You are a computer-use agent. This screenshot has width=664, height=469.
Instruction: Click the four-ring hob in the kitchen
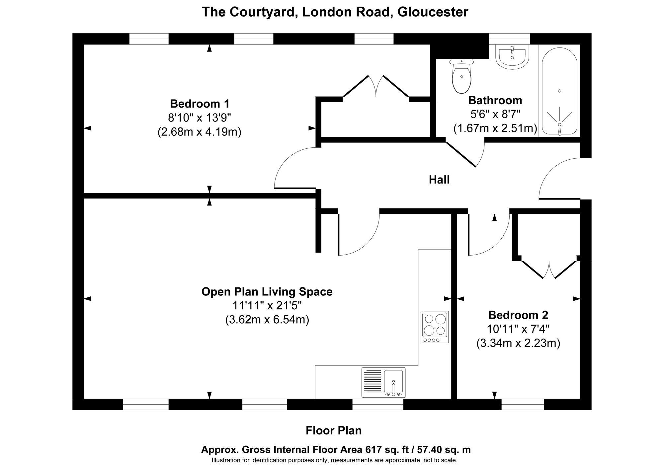[435, 327]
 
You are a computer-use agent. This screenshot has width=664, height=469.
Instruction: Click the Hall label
[439, 180]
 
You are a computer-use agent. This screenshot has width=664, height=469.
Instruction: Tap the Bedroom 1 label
[200, 104]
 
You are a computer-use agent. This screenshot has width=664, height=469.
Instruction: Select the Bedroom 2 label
[518, 314]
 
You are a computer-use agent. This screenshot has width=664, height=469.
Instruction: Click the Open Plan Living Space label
[267, 291]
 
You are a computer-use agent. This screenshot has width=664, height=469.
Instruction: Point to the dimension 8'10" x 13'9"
[199, 118]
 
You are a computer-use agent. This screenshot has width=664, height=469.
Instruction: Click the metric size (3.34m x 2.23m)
[518, 343]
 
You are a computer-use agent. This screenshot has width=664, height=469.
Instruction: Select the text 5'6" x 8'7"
[495, 114]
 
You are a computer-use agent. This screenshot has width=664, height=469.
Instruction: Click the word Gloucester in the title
[433, 12]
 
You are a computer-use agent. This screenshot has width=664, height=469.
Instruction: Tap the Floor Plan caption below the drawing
[333, 430]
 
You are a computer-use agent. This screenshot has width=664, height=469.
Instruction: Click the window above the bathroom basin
[509, 39]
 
